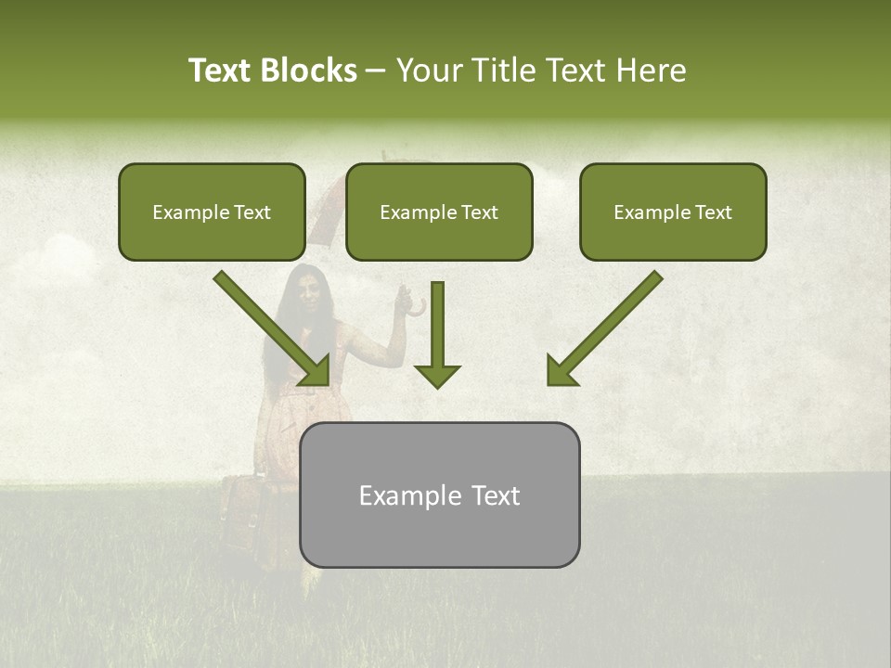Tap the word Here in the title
tap(649, 71)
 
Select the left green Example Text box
tap(212, 212)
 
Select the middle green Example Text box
tap(439, 212)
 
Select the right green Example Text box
tap(673, 212)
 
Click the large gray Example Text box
tap(439, 495)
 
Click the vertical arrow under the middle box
tap(437, 325)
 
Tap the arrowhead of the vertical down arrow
tap(437, 376)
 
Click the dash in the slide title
tap(376, 71)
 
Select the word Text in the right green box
tap(714, 212)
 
